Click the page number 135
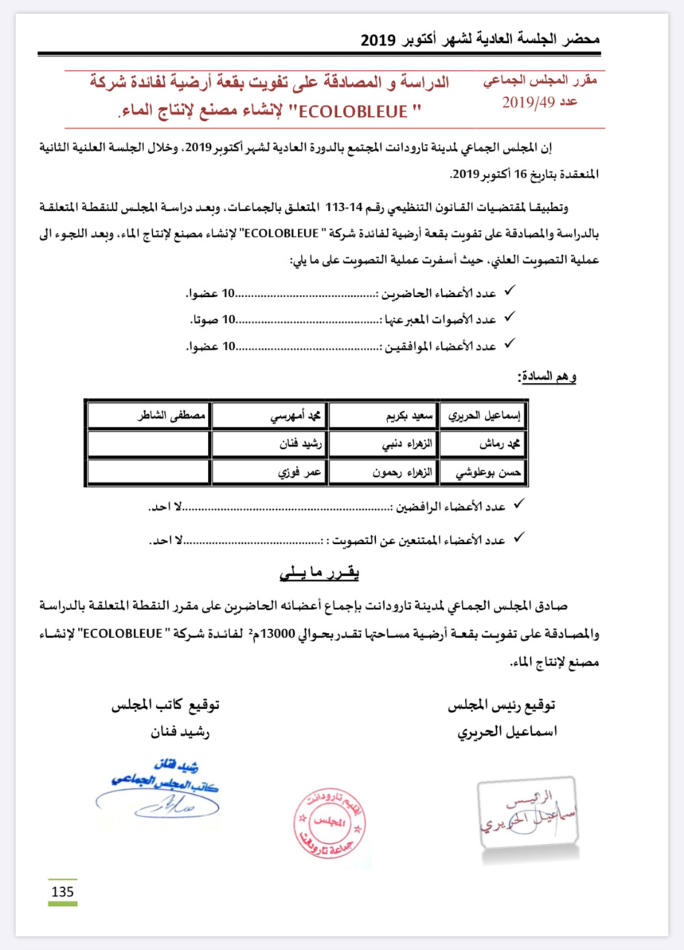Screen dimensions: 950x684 tap(62, 891)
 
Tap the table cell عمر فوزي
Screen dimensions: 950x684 tap(270, 473)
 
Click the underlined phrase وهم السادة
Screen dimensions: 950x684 tap(547, 377)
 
